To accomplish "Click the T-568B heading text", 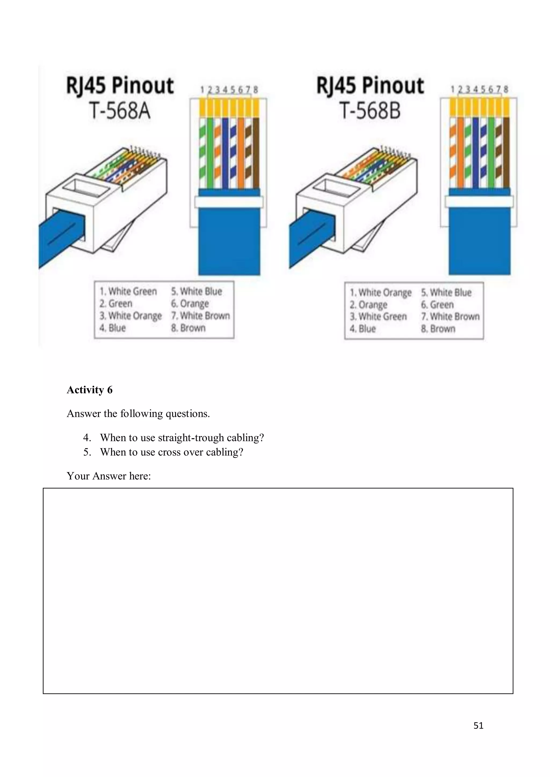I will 370,111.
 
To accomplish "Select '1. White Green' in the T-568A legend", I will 128,291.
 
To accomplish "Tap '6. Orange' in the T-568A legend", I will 190,303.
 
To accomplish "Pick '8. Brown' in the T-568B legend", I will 438,329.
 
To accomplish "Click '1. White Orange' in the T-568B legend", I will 380,292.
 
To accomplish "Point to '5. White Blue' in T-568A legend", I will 196,291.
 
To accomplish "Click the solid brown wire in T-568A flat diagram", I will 256,152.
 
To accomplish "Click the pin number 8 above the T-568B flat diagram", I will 506,89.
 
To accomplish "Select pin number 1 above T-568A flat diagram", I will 202,90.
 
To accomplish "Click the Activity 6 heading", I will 89,390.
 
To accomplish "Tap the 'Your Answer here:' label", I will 109,476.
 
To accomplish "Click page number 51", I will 478,725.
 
